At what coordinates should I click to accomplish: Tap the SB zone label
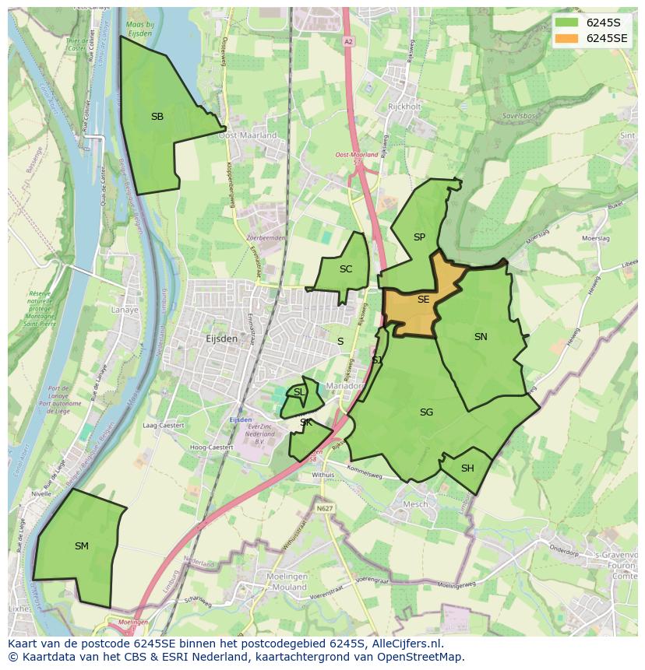pos(157,117)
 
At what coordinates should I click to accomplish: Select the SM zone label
pos(82,546)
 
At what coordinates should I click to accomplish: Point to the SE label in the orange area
pos(423,300)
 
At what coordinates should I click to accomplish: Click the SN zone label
pos(481,337)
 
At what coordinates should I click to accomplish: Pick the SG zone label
pos(426,412)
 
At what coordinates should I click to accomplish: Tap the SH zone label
pos(467,468)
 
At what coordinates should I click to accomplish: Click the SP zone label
pos(419,237)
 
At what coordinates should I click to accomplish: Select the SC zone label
pos(346,269)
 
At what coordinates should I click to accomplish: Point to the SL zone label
pos(299,392)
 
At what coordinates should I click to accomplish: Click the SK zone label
pos(306,423)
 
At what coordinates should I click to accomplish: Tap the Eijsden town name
pos(221,339)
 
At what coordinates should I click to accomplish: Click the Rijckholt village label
pos(404,107)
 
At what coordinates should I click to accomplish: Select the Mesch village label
pos(414,504)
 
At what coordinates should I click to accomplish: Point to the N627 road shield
pos(324,508)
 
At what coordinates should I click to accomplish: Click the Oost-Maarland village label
pos(247,135)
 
